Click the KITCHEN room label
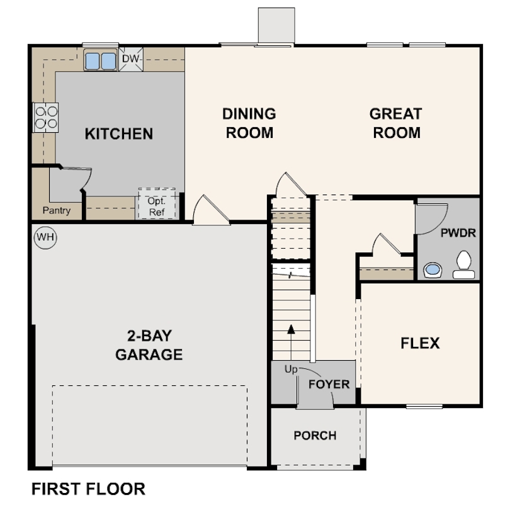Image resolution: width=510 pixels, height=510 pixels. tap(119, 133)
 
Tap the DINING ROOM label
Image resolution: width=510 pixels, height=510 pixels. tap(249, 123)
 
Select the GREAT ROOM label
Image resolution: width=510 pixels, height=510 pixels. tap(395, 123)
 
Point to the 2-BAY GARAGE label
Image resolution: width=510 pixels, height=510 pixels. tap(149, 345)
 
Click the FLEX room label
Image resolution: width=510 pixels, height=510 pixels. tap(420, 343)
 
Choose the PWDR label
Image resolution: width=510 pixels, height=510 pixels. tap(458, 232)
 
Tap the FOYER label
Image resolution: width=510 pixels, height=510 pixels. tap(329, 383)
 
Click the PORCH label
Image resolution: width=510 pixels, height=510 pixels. tap(315, 435)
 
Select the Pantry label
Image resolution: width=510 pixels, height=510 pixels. tap(57, 211)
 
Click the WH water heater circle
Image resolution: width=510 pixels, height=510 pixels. tap(45, 237)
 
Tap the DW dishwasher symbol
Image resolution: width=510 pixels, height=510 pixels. tap(131, 60)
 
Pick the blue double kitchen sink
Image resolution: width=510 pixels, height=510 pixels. tap(100, 61)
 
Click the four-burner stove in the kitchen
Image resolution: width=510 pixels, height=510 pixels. tap(45, 117)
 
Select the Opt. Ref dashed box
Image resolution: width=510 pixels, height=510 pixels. tap(156, 203)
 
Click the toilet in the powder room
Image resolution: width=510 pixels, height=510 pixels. tap(464, 264)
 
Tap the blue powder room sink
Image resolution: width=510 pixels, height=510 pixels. tap(433, 270)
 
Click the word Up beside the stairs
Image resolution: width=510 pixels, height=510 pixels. tap(290, 370)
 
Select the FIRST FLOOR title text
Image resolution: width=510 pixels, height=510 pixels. tap(88, 489)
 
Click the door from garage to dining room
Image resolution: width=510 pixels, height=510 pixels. tap(210, 210)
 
